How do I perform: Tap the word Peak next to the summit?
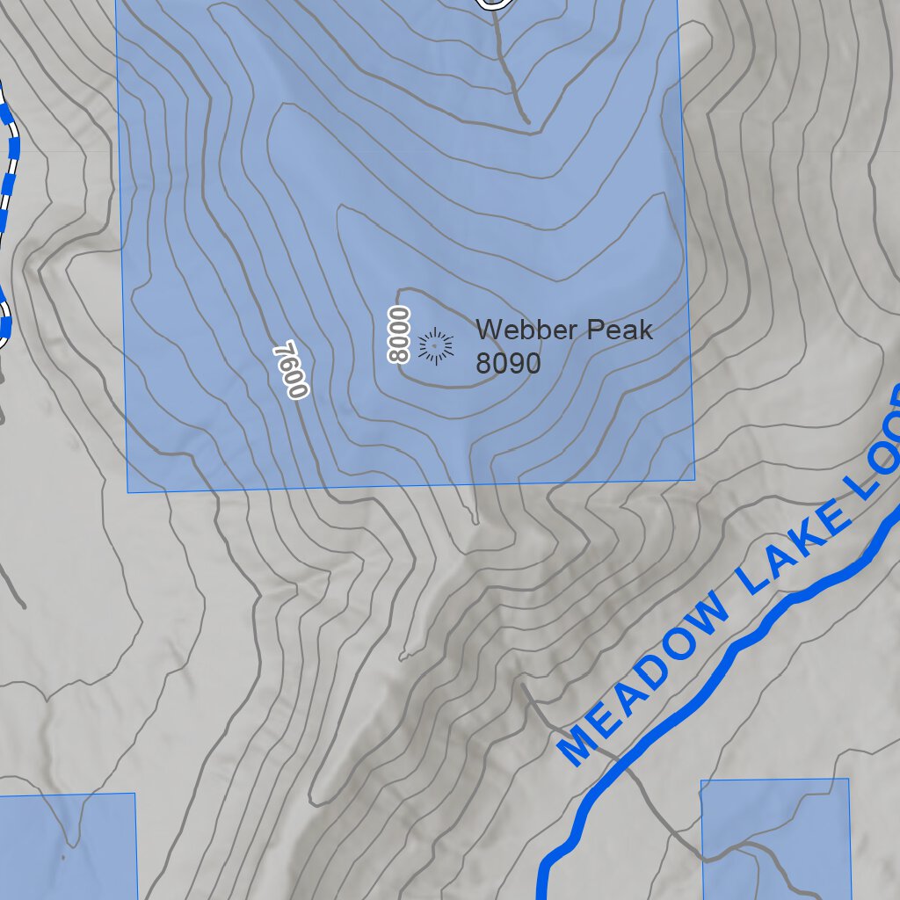coord(621,330)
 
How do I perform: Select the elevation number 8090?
coord(508,363)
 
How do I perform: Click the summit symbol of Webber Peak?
coord(435,345)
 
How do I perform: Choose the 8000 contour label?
coord(399,334)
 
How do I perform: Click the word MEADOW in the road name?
coord(644,679)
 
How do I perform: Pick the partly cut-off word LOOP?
coord(875,475)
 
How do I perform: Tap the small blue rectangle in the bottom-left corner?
coord(67,846)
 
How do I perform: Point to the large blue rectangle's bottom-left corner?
coord(128,491)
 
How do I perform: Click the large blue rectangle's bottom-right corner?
coord(694,480)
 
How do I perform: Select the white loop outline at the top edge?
coord(496,5)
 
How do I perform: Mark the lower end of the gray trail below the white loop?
coord(526,120)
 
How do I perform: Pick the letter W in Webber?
coord(488,330)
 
